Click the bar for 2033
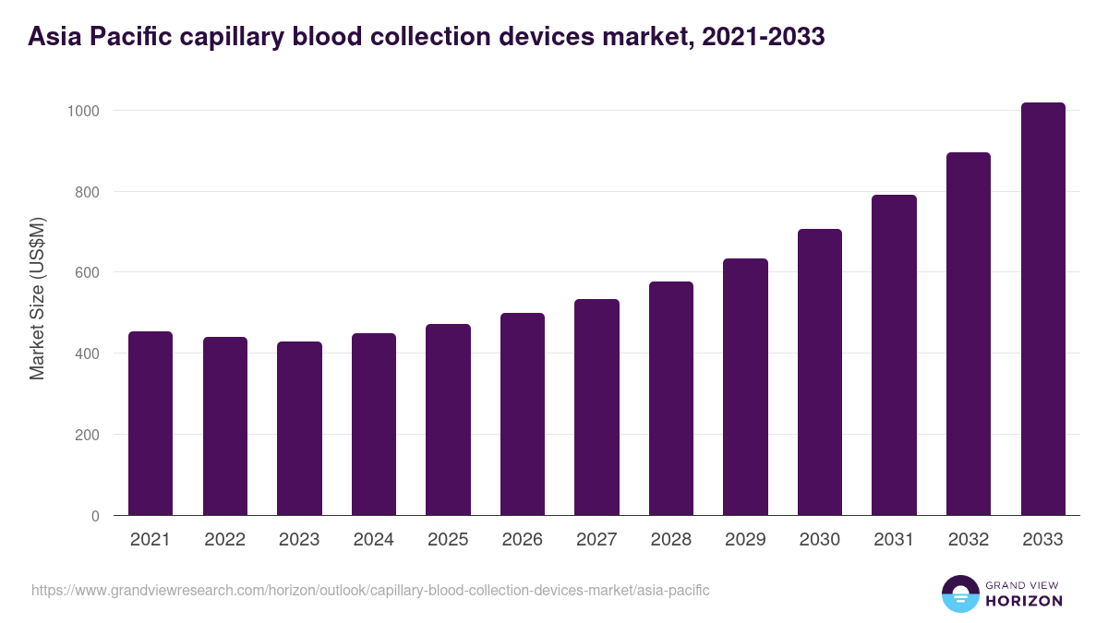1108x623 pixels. (x=1042, y=309)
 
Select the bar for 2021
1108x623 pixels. (x=151, y=424)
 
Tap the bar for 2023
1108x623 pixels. (x=299, y=428)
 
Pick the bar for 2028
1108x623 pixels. (x=671, y=399)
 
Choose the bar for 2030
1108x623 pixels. (x=820, y=372)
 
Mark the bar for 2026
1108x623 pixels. (x=523, y=414)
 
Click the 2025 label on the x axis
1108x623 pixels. (x=448, y=540)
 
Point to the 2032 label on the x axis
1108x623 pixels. (x=969, y=540)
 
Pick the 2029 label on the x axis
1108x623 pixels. (x=745, y=540)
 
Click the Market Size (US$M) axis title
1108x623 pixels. (x=37, y=298)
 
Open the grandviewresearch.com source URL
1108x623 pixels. (x=370, y=590)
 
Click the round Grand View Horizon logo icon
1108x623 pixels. (x=959, y=593)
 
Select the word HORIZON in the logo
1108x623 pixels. (x=1024, y=601)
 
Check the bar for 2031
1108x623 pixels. (x=894, y=355)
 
